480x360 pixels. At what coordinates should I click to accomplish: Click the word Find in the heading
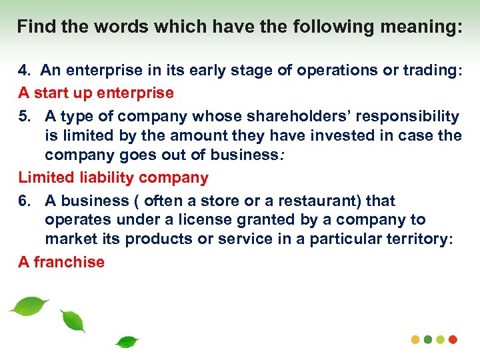point(35,27)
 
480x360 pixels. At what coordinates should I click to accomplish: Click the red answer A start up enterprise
point(96,93)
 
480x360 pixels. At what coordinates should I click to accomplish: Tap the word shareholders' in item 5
point(279,117)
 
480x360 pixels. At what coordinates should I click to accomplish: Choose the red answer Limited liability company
point(113,178)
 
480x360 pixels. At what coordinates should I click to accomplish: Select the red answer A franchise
point(61,262)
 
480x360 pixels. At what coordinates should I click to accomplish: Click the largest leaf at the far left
point(29,306)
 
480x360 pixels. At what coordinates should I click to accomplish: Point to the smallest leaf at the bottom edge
point(127,343)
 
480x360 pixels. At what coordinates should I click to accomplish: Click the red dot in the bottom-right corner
point(454,339)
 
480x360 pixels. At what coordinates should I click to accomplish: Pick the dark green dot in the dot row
point(428,339)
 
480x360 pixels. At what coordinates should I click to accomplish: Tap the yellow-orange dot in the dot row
point(415,339)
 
